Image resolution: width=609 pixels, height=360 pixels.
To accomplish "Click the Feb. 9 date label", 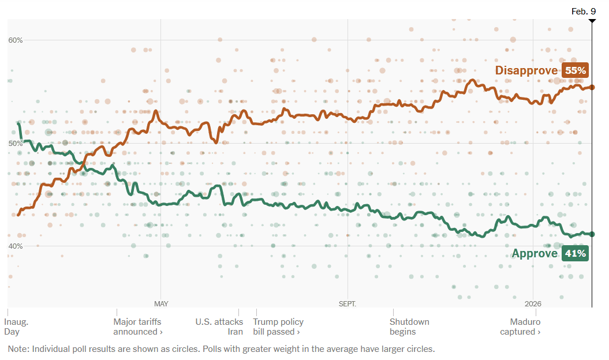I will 583,11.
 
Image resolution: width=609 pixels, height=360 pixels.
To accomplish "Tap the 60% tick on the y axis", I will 16,40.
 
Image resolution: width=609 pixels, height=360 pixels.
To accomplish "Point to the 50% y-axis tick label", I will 16,143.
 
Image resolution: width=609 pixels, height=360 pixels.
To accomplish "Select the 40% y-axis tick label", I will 16,246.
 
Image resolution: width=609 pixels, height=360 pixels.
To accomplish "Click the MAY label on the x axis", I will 161,303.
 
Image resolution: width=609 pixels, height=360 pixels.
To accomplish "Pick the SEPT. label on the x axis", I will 348,303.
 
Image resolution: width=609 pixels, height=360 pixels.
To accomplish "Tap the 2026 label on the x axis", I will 533,303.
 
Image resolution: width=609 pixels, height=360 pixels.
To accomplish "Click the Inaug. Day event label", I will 16,327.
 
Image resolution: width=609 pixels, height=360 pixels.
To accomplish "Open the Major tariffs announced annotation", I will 138,327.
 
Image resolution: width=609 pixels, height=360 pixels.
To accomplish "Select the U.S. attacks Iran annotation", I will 219,327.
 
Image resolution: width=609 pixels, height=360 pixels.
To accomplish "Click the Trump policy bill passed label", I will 278,327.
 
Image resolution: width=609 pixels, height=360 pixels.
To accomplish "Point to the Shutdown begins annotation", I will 409,327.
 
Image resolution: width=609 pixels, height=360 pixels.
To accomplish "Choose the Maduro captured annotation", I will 521,327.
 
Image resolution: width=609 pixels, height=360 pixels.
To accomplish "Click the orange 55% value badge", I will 575,70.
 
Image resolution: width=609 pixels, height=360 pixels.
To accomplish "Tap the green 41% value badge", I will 575,253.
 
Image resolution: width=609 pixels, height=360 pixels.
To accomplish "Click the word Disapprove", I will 526,70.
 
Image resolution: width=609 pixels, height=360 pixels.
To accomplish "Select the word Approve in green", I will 535,253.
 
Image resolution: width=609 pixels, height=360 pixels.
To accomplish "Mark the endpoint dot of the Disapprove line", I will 592,87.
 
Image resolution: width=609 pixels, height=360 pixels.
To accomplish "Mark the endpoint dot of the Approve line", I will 592,234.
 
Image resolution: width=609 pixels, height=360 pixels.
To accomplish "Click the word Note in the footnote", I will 17,349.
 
